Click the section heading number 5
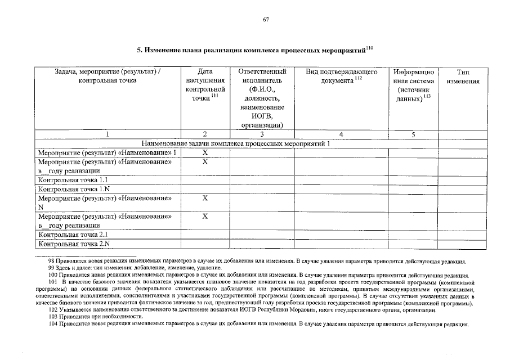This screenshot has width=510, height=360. click(140, 50)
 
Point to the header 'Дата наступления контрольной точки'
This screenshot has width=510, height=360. click(205, 85)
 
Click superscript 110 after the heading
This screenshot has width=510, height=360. click(369, 47)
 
